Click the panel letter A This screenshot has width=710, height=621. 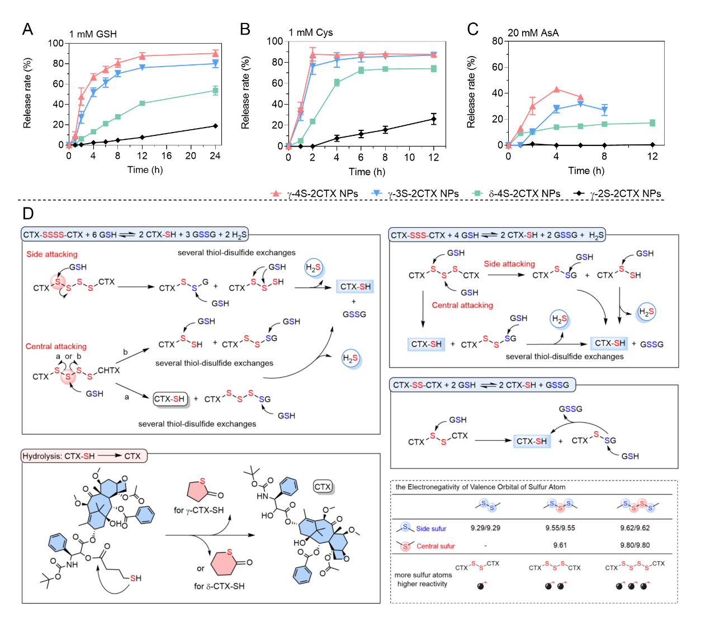click(x=27, y=30)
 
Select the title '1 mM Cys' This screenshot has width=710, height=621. click(x=310, y=32)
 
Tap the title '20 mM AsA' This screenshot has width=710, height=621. click(x=533, y=33)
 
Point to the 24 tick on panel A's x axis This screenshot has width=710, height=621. click(x=215, y=156)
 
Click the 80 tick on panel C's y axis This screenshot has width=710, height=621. click(x=497, y=41)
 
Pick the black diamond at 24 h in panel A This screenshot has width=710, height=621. click(x=215, y=126)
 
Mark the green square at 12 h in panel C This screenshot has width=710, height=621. click(x=652, y=123)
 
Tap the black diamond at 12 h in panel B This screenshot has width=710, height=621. click(x=434, y=119)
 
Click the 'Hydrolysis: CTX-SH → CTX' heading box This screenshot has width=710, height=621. click(x=84, y=456)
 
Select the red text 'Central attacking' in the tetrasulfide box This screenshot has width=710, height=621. click(x=56, y=346)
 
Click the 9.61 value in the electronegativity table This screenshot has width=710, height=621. click(x=560, y=545)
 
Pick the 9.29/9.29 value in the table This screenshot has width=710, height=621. click(x=485, y=528)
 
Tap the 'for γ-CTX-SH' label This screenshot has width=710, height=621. click(x=198, y=510)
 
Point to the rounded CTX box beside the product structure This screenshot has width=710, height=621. click(x=323, y=487)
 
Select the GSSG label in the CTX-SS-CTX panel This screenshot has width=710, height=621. click(x=570, y=409)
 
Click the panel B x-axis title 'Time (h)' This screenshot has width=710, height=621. click(x=367, y=172)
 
